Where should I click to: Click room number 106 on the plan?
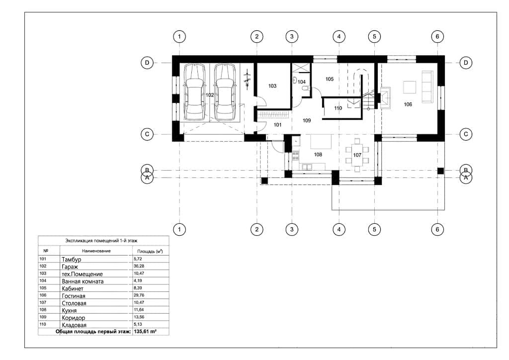tap(408, 104)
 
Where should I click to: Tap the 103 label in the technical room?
tap(272, 86)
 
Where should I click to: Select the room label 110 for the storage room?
tap(338, 108)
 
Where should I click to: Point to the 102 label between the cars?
tap(210, 95)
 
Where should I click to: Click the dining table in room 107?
tap(357, 155)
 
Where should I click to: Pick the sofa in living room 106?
tap(427, 87)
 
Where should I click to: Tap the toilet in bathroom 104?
tap(305, 89)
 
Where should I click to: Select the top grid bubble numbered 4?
tap(339, 36)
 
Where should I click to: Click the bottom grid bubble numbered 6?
tap(437, 230)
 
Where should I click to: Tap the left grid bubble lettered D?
tap(147, 63)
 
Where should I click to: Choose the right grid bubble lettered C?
tap(466, 134)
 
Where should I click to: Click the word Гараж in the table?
tap(70, 267)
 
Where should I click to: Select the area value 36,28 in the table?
tap(139, 266)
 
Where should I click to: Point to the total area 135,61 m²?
tap(145, 332)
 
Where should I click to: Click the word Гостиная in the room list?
tap(74, 296)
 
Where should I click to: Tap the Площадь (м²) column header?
tap(150, 251)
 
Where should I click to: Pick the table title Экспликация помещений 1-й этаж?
tap(101, 241)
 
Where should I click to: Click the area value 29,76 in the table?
tap(139, 295)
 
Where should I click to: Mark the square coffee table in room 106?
tap(410, 88)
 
